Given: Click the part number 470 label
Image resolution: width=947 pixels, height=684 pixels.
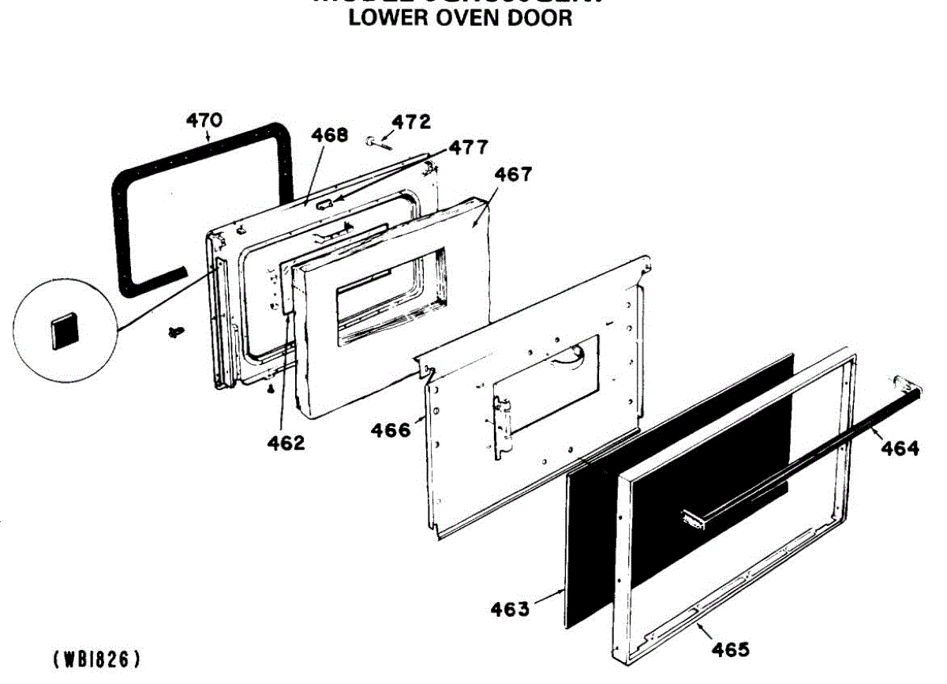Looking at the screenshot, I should (x=204, y=121).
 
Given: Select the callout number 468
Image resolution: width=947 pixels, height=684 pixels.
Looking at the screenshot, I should (x=329, y=134).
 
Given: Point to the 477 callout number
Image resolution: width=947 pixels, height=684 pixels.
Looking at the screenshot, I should (x=469, y=147).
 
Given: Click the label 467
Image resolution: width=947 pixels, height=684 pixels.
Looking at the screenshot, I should (x=513, y=174).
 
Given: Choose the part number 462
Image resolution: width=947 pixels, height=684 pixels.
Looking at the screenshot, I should (x=285, y=443).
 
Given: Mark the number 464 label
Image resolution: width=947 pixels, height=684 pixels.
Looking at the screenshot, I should (x=900, y=449).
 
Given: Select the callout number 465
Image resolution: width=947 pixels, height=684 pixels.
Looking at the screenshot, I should (x=730, y=650).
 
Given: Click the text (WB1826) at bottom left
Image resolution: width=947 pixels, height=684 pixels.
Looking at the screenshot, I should (x=96, y=658).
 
